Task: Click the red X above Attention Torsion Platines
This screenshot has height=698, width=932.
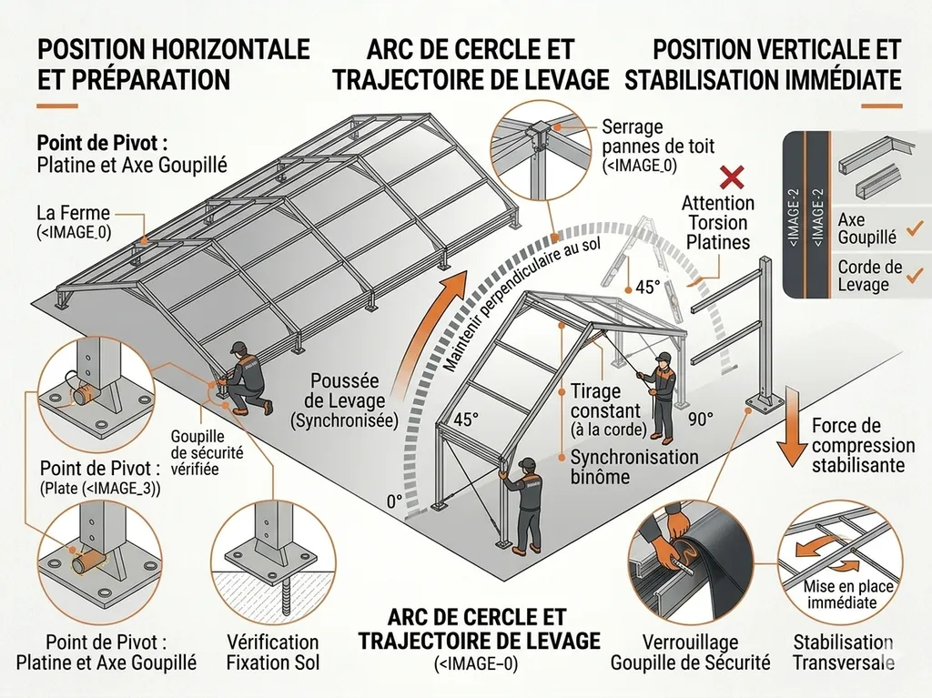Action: [728, 176]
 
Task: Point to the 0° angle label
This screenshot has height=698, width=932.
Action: [393, 501]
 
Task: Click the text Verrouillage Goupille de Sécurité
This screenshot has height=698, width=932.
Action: [690, 652]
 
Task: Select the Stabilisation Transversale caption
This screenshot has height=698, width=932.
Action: [843, 652]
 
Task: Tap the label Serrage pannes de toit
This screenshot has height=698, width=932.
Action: [645, 146]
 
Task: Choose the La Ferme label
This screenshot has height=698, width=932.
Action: [73, 221]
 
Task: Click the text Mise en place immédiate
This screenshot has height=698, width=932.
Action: [840, 593]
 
